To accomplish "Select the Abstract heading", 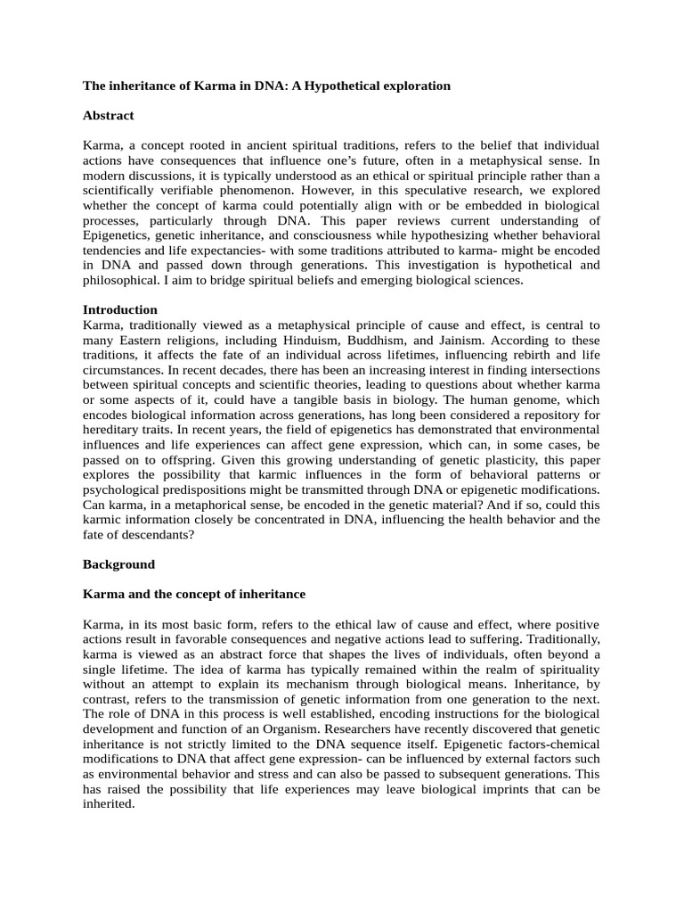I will coord(108,115).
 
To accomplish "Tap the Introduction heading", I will coord(120,309).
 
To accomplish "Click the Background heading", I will coord(118,564).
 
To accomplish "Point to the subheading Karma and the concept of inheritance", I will coord(193,594).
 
